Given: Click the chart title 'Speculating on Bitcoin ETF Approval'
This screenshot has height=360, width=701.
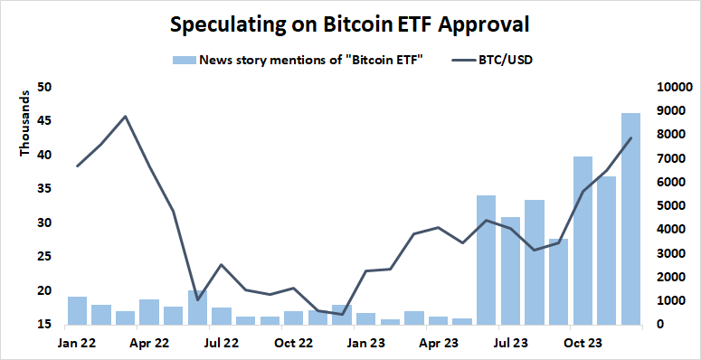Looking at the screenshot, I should (350, 24).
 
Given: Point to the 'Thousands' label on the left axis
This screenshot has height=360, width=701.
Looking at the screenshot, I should (24, 128).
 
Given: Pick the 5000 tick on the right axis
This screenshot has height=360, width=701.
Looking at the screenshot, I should (672, 206).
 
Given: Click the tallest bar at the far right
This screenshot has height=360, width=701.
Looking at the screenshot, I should (630, 218).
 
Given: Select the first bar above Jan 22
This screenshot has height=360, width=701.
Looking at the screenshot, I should (77, 310).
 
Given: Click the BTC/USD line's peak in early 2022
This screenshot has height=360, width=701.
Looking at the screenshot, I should (125, 116).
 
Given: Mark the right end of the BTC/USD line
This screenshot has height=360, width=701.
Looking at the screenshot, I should (630, 138).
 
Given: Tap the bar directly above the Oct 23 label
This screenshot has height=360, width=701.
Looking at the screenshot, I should (583, 240).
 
